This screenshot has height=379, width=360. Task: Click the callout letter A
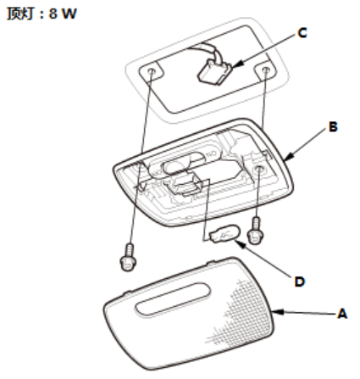coord(342,314)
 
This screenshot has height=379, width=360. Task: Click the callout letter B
coord(333,127)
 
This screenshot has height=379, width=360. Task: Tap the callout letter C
coord(302,33)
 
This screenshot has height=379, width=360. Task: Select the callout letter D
coord(300,281)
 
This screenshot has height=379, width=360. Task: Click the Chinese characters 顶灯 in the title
coord(20,14)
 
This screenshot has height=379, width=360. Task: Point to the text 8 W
coord(63,14)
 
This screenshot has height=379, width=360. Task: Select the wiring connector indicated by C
coord(214,72)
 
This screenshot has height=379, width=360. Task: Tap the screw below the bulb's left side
coord(129,257)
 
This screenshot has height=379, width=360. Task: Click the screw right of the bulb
coord(256,231)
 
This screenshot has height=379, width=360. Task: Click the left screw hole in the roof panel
coord(152,71)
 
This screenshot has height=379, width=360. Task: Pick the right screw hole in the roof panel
coord(265,69)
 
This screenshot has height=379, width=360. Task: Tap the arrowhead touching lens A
coord(278,312)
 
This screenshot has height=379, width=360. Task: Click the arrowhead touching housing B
coord(290,157)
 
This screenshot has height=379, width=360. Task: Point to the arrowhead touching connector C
coord(237,64)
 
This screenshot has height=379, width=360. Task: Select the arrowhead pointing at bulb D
coord(240,244)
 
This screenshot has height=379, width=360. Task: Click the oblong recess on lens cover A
coord(173,299)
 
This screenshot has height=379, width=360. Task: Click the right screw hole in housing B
coord(258,170)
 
